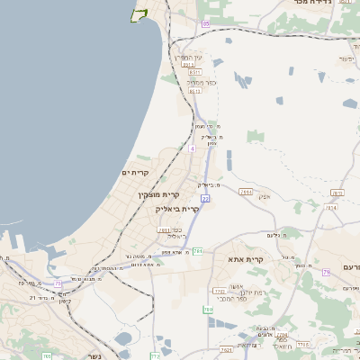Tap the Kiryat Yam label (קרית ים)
(134, 171)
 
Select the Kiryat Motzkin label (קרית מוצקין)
(159, 194)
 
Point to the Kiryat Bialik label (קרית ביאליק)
(176, 208)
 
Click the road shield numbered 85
(205, 23)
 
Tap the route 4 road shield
(192, 148)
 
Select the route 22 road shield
(205, 199)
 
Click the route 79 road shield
(326, 271)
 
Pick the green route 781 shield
(197, 251)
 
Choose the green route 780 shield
(208, 310)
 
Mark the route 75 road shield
(58, 283)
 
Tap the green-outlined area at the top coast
(139, 14)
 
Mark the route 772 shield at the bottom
(155, 355)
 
